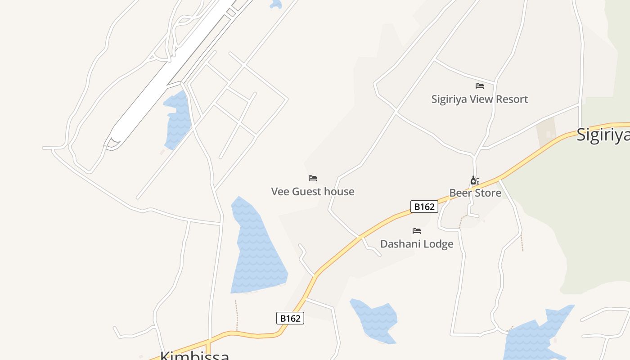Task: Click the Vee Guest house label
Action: (x=313, y=192)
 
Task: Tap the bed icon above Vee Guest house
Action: (x=313, y=178)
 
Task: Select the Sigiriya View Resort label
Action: (x=479, y=99)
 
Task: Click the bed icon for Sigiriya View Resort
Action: (x=480, y=85)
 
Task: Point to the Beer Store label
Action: (x=475, y=193)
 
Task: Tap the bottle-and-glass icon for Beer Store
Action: (x=475, y=180)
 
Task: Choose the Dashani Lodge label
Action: (x=417, y=244)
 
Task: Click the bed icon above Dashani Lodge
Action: (x=417, y=231)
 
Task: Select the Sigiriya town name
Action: (x=603, y=135)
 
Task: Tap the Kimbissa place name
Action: (x=194, y=355)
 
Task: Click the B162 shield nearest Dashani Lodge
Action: (x=424, y=207)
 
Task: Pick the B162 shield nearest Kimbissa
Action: (x=290, y=318)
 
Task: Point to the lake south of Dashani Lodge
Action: (x=373, y=319)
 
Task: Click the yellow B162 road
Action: (x=342, y=248)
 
